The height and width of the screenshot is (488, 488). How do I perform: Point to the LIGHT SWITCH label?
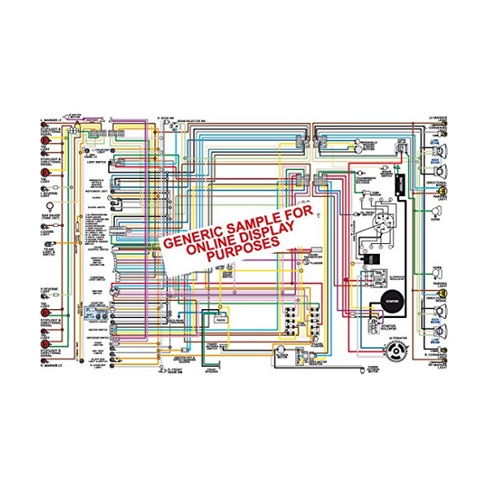(96, 163)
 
